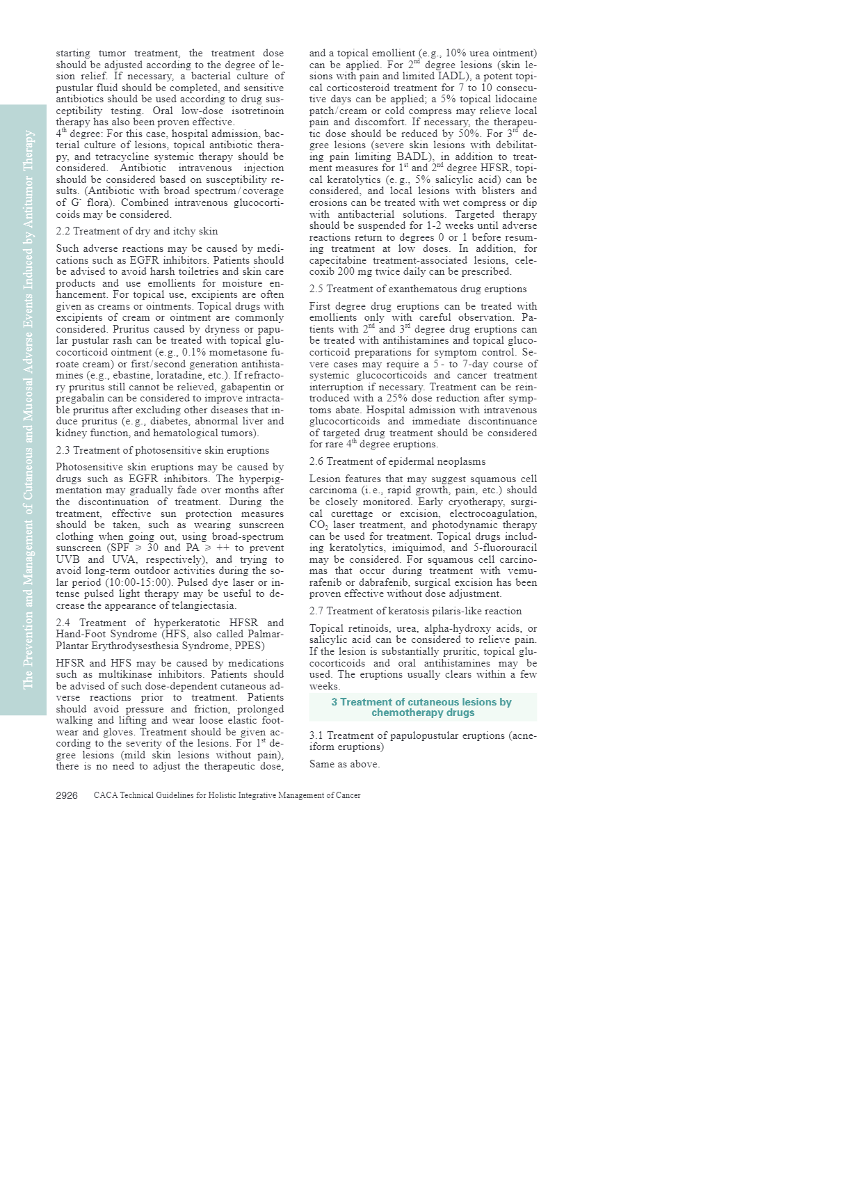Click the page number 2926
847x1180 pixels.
[66, 795]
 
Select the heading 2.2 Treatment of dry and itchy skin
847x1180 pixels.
[136, 231]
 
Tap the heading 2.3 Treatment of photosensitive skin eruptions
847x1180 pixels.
[162, 450]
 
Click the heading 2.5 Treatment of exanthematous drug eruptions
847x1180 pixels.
[417, 289]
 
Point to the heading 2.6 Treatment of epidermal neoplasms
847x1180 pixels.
[397, 461]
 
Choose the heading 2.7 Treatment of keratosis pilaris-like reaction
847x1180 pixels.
[415, 611]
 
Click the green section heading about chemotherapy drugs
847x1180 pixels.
[421, 707]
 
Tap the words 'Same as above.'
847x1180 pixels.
[344, 764]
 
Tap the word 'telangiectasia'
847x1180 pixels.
[201, 605]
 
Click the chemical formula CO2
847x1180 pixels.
[318, 525]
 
